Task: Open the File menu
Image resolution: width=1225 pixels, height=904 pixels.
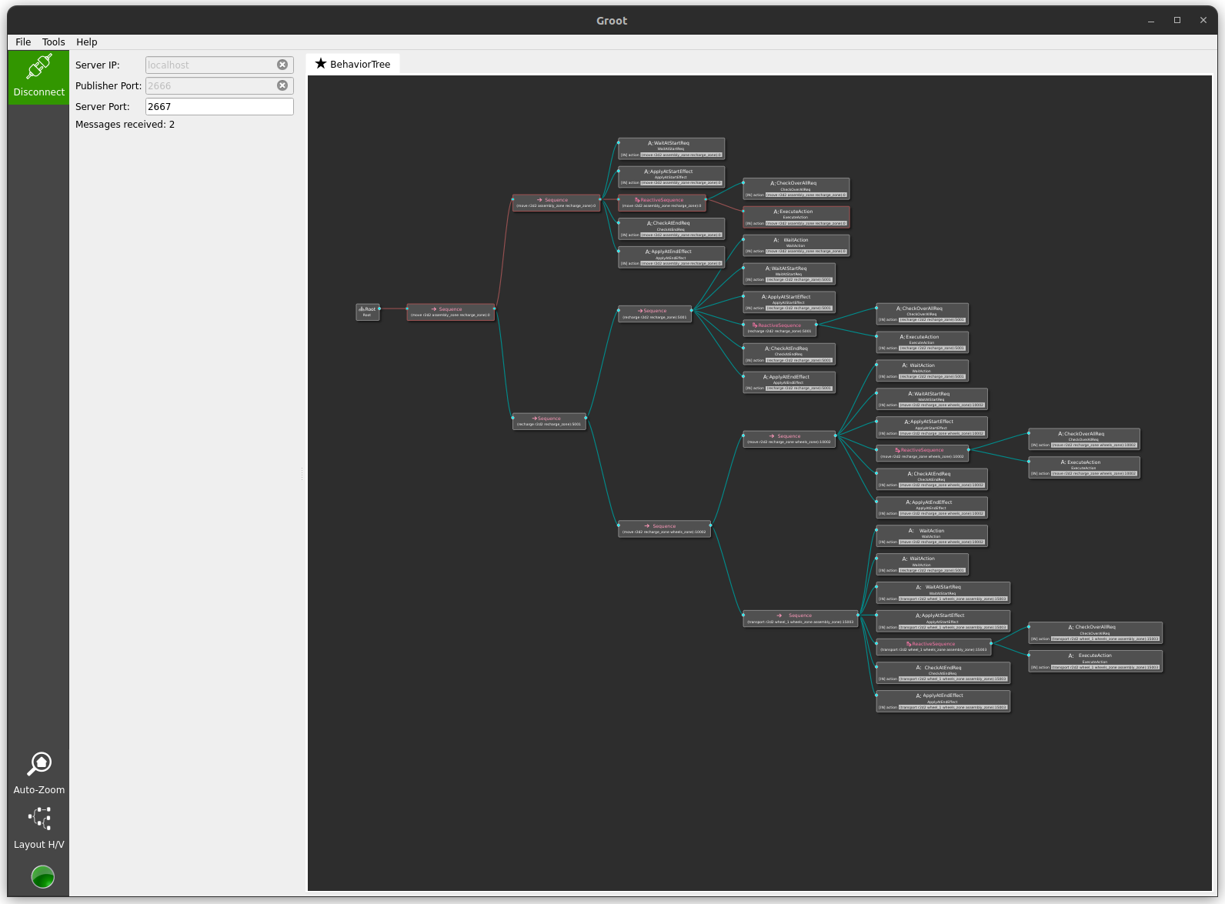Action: point(23,42)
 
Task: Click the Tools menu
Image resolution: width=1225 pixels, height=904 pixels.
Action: point(54,42)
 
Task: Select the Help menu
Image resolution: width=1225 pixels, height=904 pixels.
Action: point(87,42)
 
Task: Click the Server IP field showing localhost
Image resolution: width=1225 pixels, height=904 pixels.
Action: point(209,65)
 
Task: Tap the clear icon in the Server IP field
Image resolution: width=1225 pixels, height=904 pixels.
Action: point(282,65)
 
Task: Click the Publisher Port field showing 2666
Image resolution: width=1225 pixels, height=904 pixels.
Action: point(209,86)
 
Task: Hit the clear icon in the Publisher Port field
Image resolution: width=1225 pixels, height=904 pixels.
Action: point(282,86)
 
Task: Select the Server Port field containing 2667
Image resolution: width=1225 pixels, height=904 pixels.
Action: point(219,107)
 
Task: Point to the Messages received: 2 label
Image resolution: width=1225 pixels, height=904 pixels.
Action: point(125,125)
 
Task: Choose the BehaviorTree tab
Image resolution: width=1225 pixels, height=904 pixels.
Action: point(353,64)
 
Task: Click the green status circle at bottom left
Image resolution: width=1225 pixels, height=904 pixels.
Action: point(43,876)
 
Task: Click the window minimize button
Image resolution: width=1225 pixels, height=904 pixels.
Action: point(1151,21)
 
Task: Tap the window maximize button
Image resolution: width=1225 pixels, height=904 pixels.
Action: point(1177,21)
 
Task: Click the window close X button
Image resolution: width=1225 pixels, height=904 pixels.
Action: point(1203,21)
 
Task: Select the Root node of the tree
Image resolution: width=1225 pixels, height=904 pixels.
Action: point(368,312)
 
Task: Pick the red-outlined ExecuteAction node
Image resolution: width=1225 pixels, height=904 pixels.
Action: point(796,217)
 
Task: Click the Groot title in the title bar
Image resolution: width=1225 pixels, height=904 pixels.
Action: point(612,21)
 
